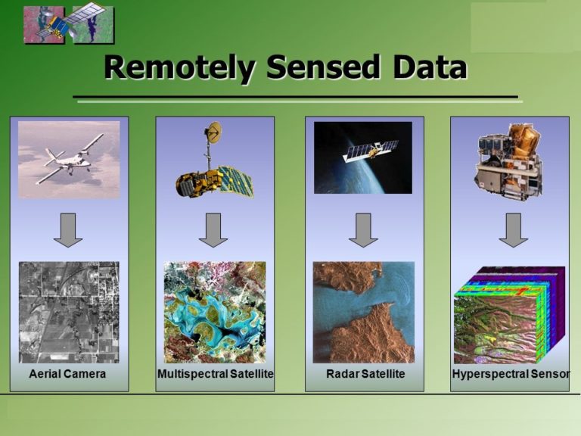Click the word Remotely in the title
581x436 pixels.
tap(180, 68)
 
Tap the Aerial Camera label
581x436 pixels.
tap(67, 375)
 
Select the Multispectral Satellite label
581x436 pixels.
tap(215, 375)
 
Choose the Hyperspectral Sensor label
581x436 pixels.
tap(510, 375)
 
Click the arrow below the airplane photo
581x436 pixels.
tap(68, 229)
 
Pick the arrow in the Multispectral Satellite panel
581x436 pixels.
tap(213, 229)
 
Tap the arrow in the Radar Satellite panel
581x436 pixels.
tap(363, 229)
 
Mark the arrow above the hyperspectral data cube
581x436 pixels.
tap(513, 229)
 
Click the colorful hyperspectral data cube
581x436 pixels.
tap(508, 314)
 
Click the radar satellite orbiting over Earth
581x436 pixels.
tap(371, 151)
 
